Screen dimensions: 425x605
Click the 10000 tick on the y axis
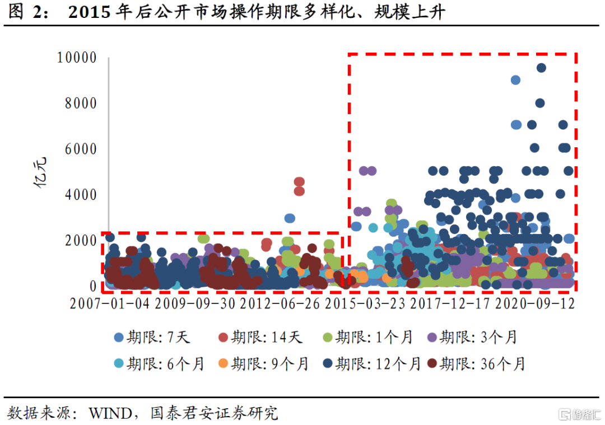tap(76, 58)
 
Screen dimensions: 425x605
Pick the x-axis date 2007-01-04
tap(110, 303)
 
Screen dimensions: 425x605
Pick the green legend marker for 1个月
tap(329, 337)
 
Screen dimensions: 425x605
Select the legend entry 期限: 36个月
tap(476, 363)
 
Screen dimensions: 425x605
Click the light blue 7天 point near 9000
tap(515, 80)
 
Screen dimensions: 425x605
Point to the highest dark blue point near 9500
tap(541, 68)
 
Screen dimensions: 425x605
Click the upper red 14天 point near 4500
tap(299, 181)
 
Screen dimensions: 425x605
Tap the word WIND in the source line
tap(108, 413)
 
